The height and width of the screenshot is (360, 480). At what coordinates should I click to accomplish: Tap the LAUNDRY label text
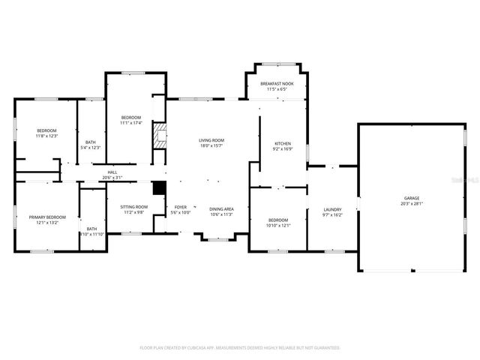click(332, 209)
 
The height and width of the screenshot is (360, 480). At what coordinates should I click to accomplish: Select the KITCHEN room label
click(283, 142)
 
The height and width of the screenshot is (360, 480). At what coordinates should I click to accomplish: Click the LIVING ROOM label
click(211, 140)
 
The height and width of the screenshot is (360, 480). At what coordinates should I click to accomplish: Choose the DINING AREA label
click(221, 208)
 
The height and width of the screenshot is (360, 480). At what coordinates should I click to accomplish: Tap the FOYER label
click(181, 207)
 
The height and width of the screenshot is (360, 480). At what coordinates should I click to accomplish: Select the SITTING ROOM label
click(136, 207)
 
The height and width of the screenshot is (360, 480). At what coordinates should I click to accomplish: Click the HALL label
click(112, 172)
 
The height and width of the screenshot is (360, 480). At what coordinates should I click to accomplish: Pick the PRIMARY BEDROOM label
click(48, 217)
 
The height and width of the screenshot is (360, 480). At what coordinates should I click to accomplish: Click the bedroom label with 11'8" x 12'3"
click(46, 130)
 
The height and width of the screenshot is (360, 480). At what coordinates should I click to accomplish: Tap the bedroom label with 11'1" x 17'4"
click(131, 118)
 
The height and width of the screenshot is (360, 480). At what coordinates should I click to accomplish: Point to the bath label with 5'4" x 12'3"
click(91, 142)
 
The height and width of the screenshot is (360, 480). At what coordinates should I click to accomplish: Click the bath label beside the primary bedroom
click(91, 229)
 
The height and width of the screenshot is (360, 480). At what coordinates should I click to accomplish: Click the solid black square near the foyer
click(158, 189)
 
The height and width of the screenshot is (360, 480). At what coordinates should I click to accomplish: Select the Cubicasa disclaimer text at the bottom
click(240, 348)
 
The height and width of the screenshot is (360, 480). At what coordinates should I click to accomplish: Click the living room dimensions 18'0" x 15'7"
click(211, 145)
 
